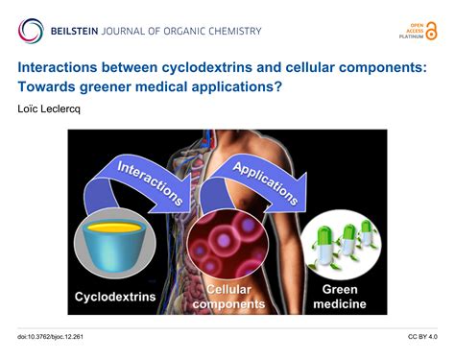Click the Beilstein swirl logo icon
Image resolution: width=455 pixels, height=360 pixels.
(x=31, y=30)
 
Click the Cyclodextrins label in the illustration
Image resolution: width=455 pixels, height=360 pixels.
(x=116, y=296)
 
